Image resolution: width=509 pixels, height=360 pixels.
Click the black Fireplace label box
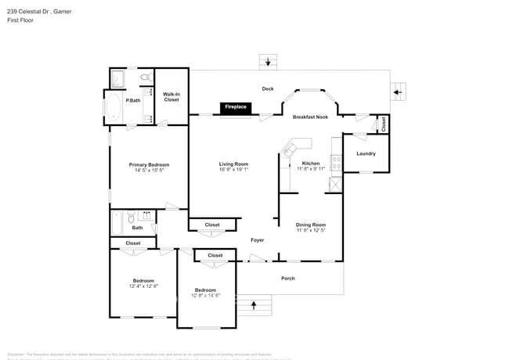(236, 106)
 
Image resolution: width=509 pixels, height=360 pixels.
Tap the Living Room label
(233, 164)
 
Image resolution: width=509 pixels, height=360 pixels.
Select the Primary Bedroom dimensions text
(149, 170)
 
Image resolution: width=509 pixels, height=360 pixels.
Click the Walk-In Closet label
(171, 97)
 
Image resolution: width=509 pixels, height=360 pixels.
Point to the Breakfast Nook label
(309, 117)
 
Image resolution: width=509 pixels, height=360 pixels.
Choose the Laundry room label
(366, 153)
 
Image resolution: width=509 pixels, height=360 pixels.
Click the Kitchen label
(310, 164)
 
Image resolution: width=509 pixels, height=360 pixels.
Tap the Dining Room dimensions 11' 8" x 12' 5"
(311, 230)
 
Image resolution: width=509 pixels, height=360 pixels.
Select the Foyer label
(257, 239)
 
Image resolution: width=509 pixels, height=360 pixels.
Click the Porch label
(289, 278)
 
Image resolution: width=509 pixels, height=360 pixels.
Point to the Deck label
(268, 88)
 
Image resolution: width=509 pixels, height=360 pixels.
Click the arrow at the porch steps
(254, 303)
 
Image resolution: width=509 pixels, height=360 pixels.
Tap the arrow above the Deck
(269, 62)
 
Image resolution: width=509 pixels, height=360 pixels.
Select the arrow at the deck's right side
(397, 92)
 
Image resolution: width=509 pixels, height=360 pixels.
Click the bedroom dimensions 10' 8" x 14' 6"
(205, 295)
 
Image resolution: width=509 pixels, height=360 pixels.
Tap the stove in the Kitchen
(337, 164)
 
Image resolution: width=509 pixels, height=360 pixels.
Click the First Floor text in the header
(20, 20)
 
